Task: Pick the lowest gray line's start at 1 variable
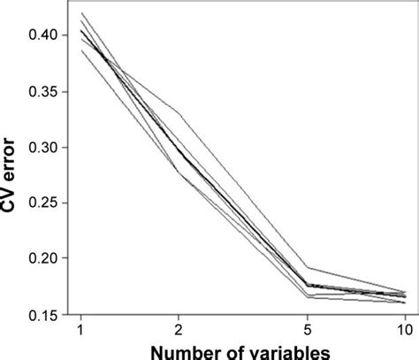[x=81, y=50]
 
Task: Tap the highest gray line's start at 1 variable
[x=81, y=12]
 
